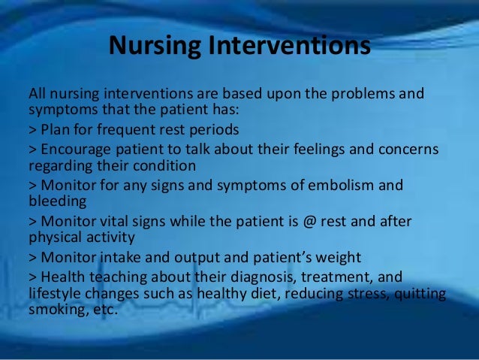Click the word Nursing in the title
pos(155,46)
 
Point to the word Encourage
pos(76,150)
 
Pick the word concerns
pos(408,150)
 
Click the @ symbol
pos(309,222)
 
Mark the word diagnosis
pos(264,277)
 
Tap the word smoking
pos(57,310)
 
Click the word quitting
pos(420,294)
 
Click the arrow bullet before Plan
pos(33,130)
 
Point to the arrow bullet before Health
pos(33,277)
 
